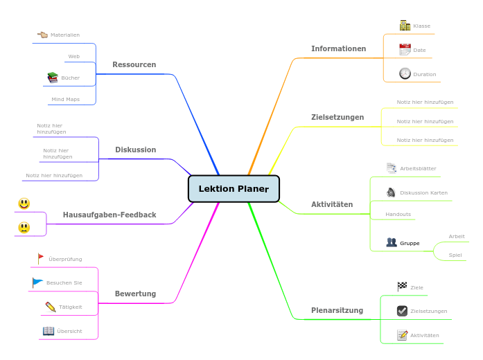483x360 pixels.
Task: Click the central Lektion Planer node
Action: (x=234, y=189)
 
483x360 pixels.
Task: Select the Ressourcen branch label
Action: (x=134, y=64)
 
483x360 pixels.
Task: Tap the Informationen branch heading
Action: (x=338, y=48)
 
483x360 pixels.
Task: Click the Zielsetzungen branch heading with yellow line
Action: (x=337, y=117)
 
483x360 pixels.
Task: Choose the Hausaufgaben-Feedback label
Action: (x=109, y=215)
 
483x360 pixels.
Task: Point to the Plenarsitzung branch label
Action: (x=337, y=310)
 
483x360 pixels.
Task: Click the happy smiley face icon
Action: (x=24, y=204)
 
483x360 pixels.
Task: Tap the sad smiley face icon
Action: (x=24, y=227)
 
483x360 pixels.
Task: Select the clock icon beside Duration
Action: (x=405, y=73)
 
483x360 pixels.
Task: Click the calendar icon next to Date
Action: (x=405, y=50)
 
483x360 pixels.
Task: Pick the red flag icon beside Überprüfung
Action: (x=40, y=258)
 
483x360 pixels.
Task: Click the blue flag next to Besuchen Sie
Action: (x=37, y=282)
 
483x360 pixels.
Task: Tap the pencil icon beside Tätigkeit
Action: (x=50, y=307)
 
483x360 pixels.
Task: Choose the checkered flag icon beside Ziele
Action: (x=402, y=287)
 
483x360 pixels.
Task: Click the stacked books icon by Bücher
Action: (x=53, y=78)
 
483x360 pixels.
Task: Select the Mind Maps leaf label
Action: (x=65, y=99)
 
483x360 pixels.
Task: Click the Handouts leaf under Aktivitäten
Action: (x=398, y=214)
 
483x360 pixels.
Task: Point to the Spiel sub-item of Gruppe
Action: (x=455, y=255)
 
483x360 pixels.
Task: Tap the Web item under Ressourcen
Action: (x=73, y=56)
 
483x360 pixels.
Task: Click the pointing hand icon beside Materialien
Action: (x=42, y=34)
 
